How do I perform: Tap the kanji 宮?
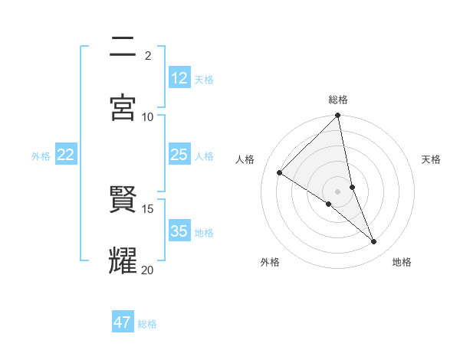pos(123,107)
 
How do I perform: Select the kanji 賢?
pos(123,200)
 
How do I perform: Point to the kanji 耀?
pos(123,261)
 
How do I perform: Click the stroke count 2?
pos(148,55)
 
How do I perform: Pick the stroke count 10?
pos(148,116)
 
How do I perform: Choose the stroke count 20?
pos(148,270)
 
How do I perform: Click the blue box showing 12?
pos(179,78)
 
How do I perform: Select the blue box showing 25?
pos(179,155)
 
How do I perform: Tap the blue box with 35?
pos(179,231)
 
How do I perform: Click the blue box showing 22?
pos(66,155)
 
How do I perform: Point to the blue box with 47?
pos(123,322)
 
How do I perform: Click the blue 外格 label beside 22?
pos(41,156)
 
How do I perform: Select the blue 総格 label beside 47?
pos(147,324)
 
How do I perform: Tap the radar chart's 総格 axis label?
pos(338,100)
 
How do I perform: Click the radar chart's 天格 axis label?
pos(432,159)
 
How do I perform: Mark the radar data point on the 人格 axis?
pos(280,172)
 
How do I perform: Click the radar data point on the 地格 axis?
pos(374,241)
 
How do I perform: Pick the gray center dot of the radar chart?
pos(338,191)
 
